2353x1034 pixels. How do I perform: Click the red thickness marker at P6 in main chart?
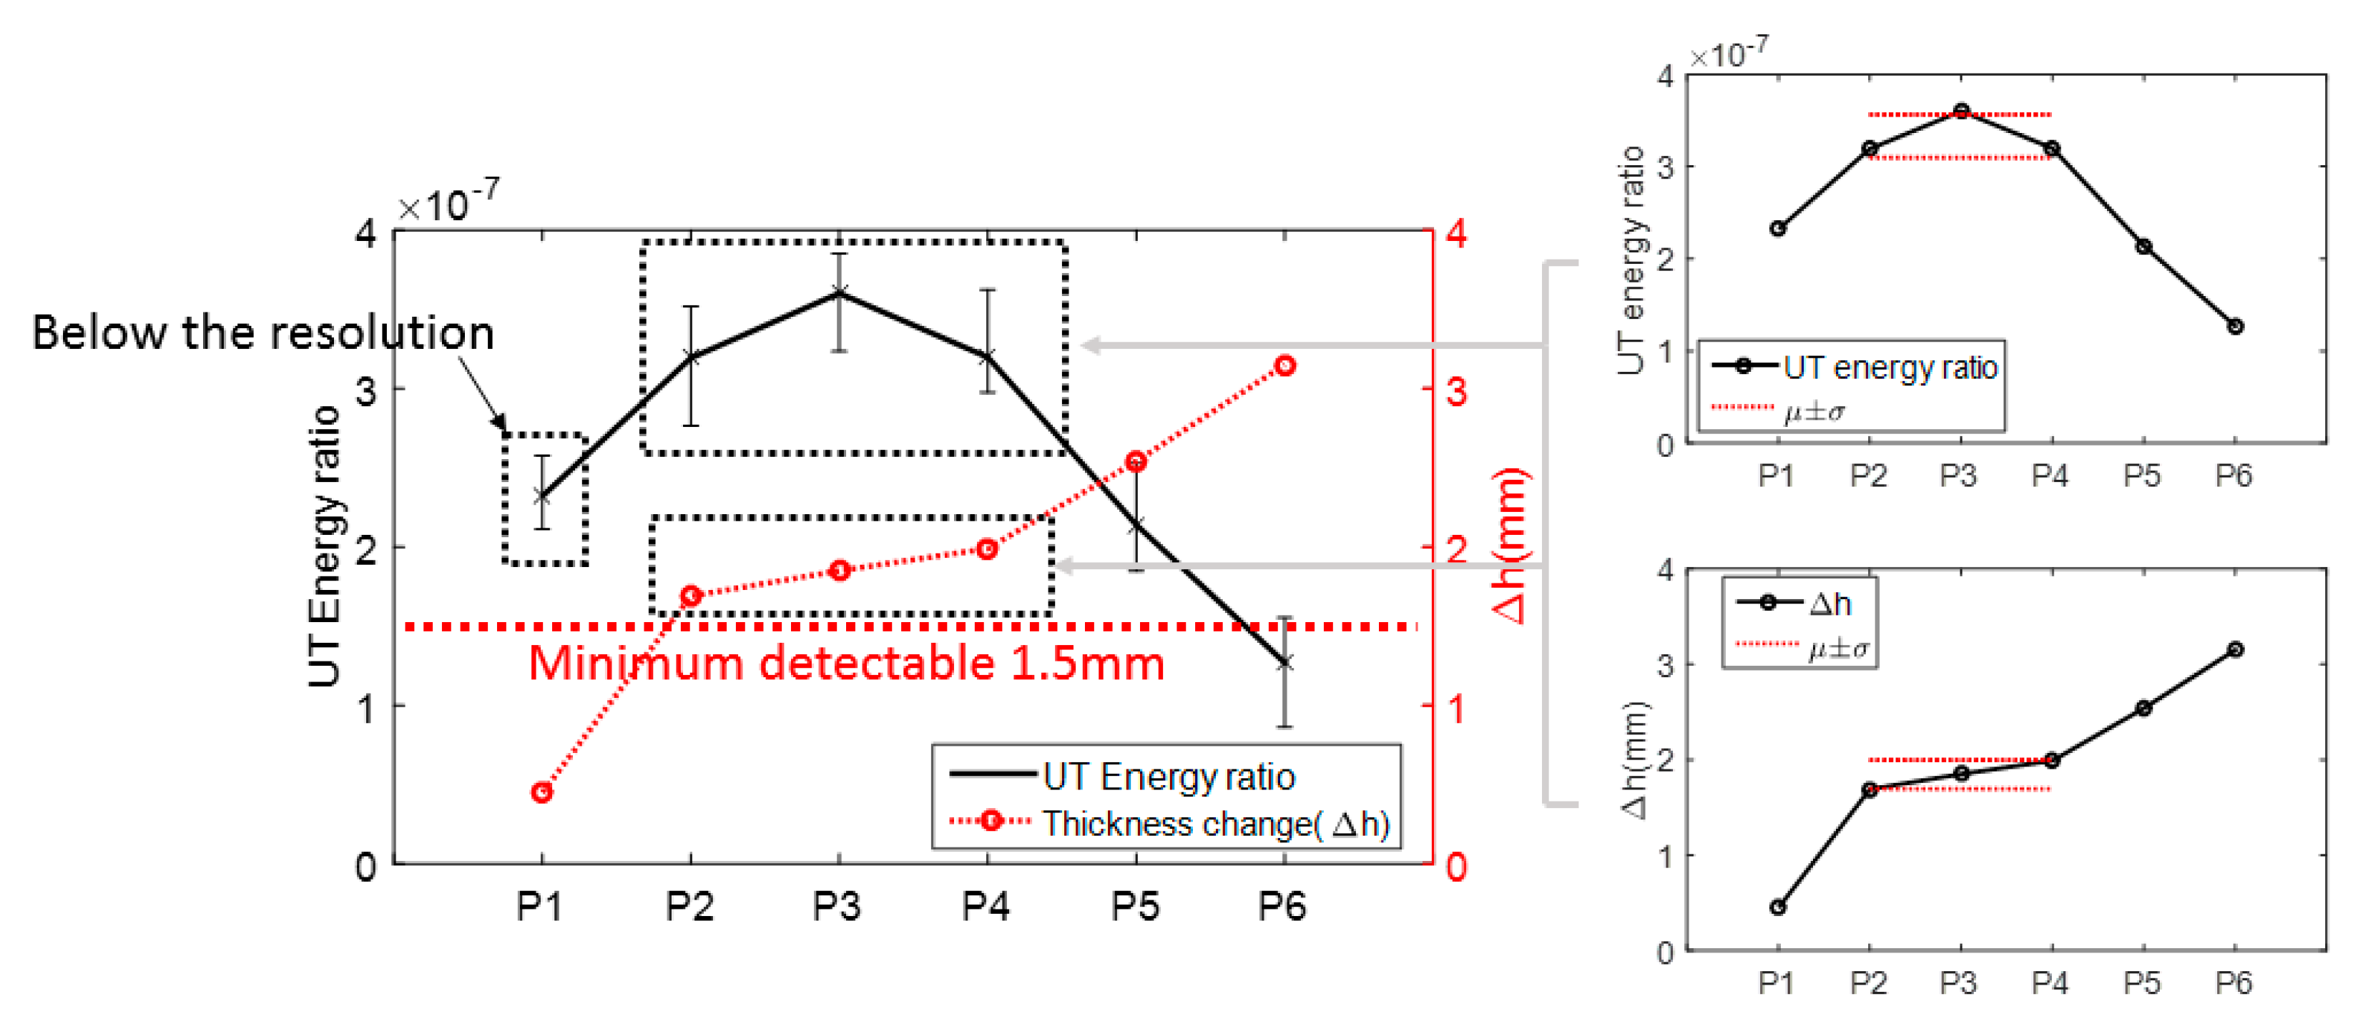[1284, 365]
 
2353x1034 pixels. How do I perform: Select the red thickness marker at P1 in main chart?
[541, 792]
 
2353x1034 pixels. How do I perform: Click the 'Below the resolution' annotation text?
[263, 333]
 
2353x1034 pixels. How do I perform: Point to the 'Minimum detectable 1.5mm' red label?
[846, 663]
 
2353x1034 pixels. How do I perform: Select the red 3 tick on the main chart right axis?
[1456, 391]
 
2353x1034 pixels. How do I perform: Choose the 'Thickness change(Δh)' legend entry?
[1215, 824]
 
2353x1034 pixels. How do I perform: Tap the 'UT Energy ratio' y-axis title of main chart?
[324, 546]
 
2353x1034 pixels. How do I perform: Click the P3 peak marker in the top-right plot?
[1961, 112]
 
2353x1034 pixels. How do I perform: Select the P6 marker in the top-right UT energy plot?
[2235, 326]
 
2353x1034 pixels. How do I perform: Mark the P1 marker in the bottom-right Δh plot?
[1777, 907]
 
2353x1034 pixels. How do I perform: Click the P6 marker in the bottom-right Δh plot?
[2235, 649]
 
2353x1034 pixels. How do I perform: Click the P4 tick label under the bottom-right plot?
[2050, 983]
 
